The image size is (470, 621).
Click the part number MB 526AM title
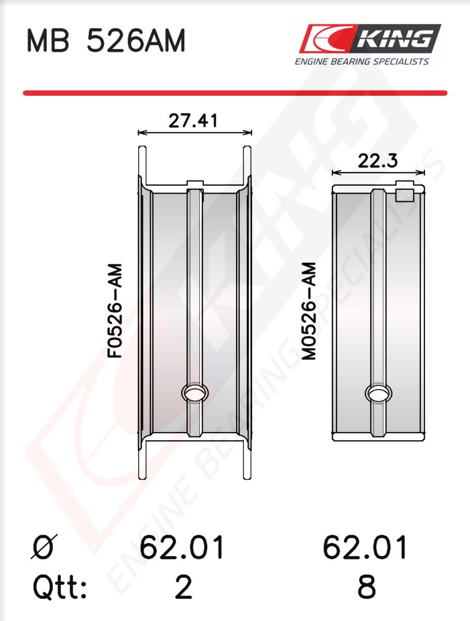pyautogui.click(x=106, y=41)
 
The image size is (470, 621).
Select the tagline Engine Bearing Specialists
pyautogui.click(x=362, y=62)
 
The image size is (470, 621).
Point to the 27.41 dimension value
pyautogui.click(x=193, y=121)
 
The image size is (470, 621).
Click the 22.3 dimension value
pyautogui.click(x=377, y=161)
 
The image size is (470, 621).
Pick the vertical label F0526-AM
pyautogui.click(x=115, y=311)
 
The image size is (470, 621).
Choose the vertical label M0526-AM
pyautogui.click(x=309, y=311)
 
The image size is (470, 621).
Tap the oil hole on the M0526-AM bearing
pyautogui.click(x=378, y=393)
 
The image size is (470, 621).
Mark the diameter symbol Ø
pyautogui.click(x=44, y=547)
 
